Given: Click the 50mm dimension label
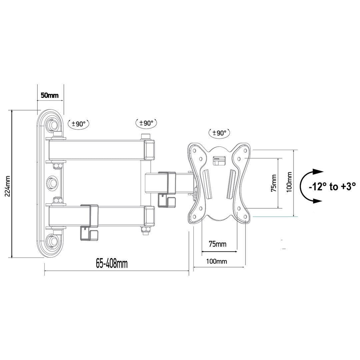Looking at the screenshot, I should point(49,95).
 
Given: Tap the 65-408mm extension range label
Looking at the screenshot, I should point(112,264).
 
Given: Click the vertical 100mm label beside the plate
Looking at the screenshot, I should point(289,182).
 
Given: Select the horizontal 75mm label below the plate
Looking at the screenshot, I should point(217,244).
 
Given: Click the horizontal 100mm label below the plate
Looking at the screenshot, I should point(217,261).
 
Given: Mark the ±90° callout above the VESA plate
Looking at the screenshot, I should point(219,133).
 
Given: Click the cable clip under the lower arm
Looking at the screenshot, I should point(89,234).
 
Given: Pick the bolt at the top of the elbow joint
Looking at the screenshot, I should point(146,136).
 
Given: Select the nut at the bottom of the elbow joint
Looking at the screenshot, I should point(145,230).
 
